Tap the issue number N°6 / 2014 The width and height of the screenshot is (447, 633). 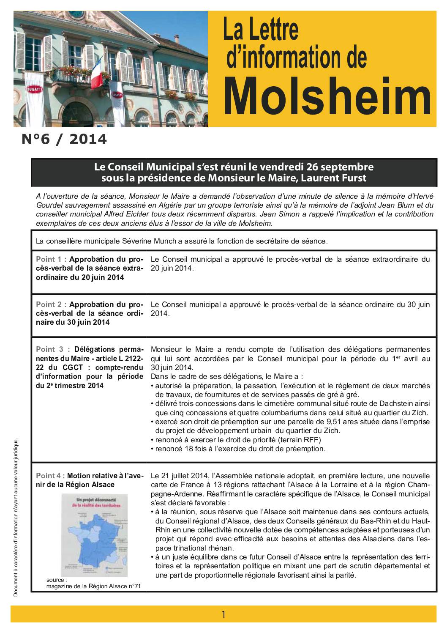[x=64, y=139]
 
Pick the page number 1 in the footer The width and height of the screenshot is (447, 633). [x=223, y=614]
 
